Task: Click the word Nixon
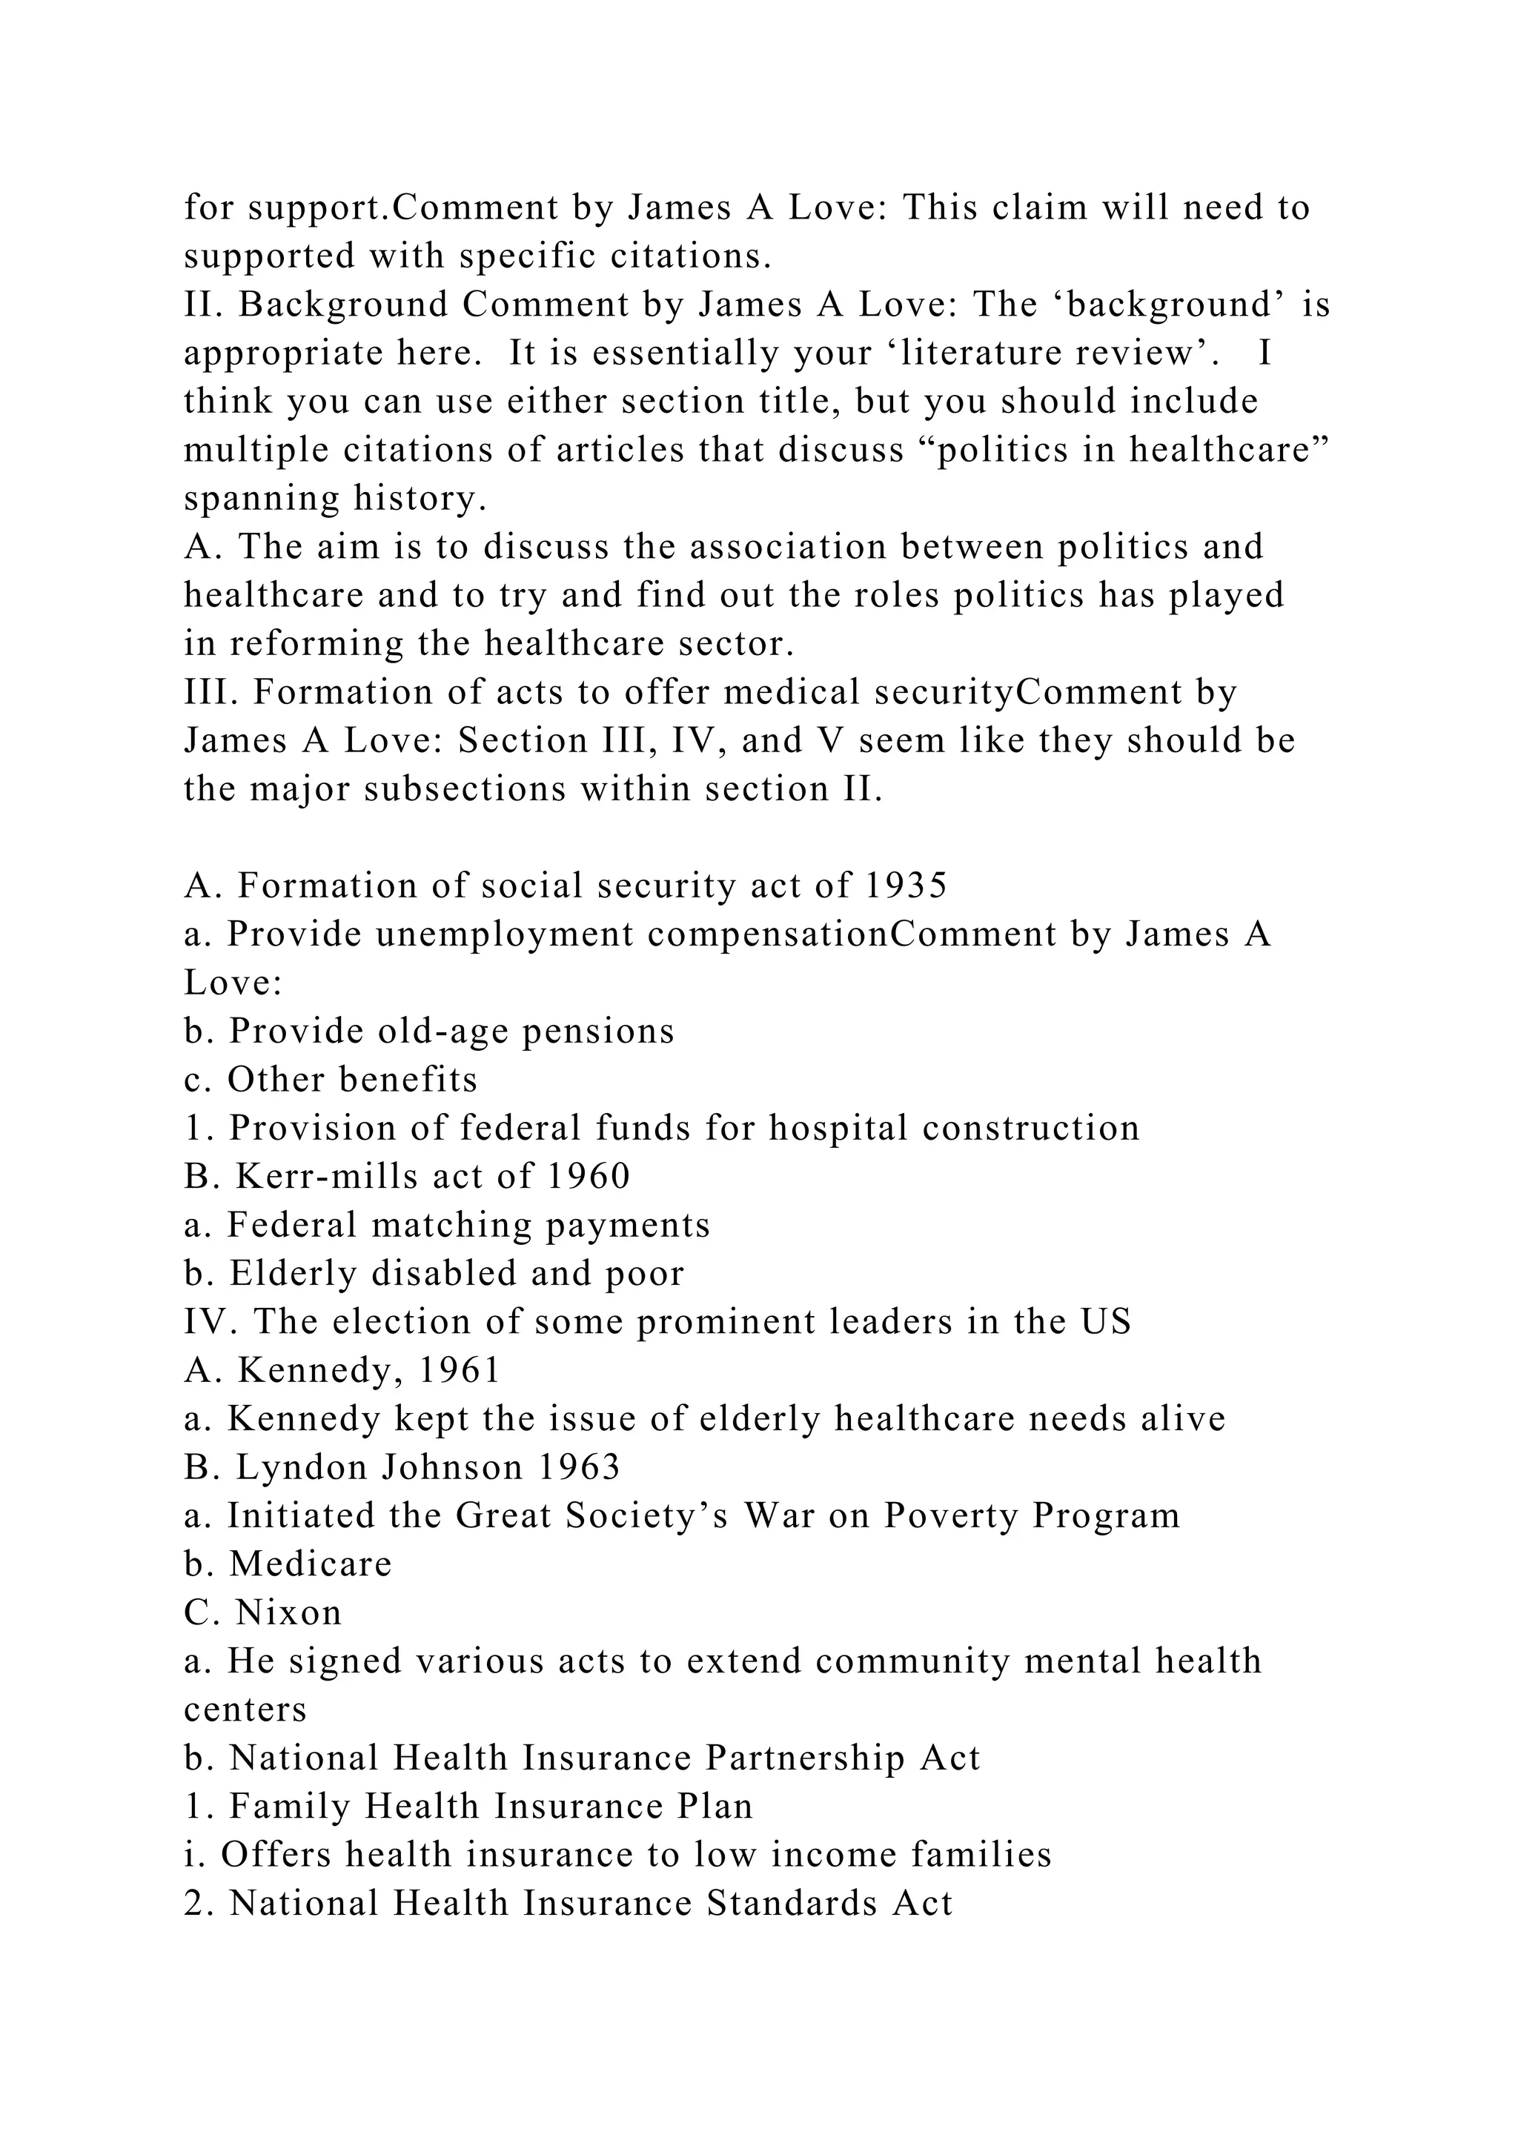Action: (289, 1613)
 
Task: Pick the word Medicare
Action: (311, 1564)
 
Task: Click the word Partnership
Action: (805, 1759)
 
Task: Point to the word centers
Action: (245, 1710)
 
